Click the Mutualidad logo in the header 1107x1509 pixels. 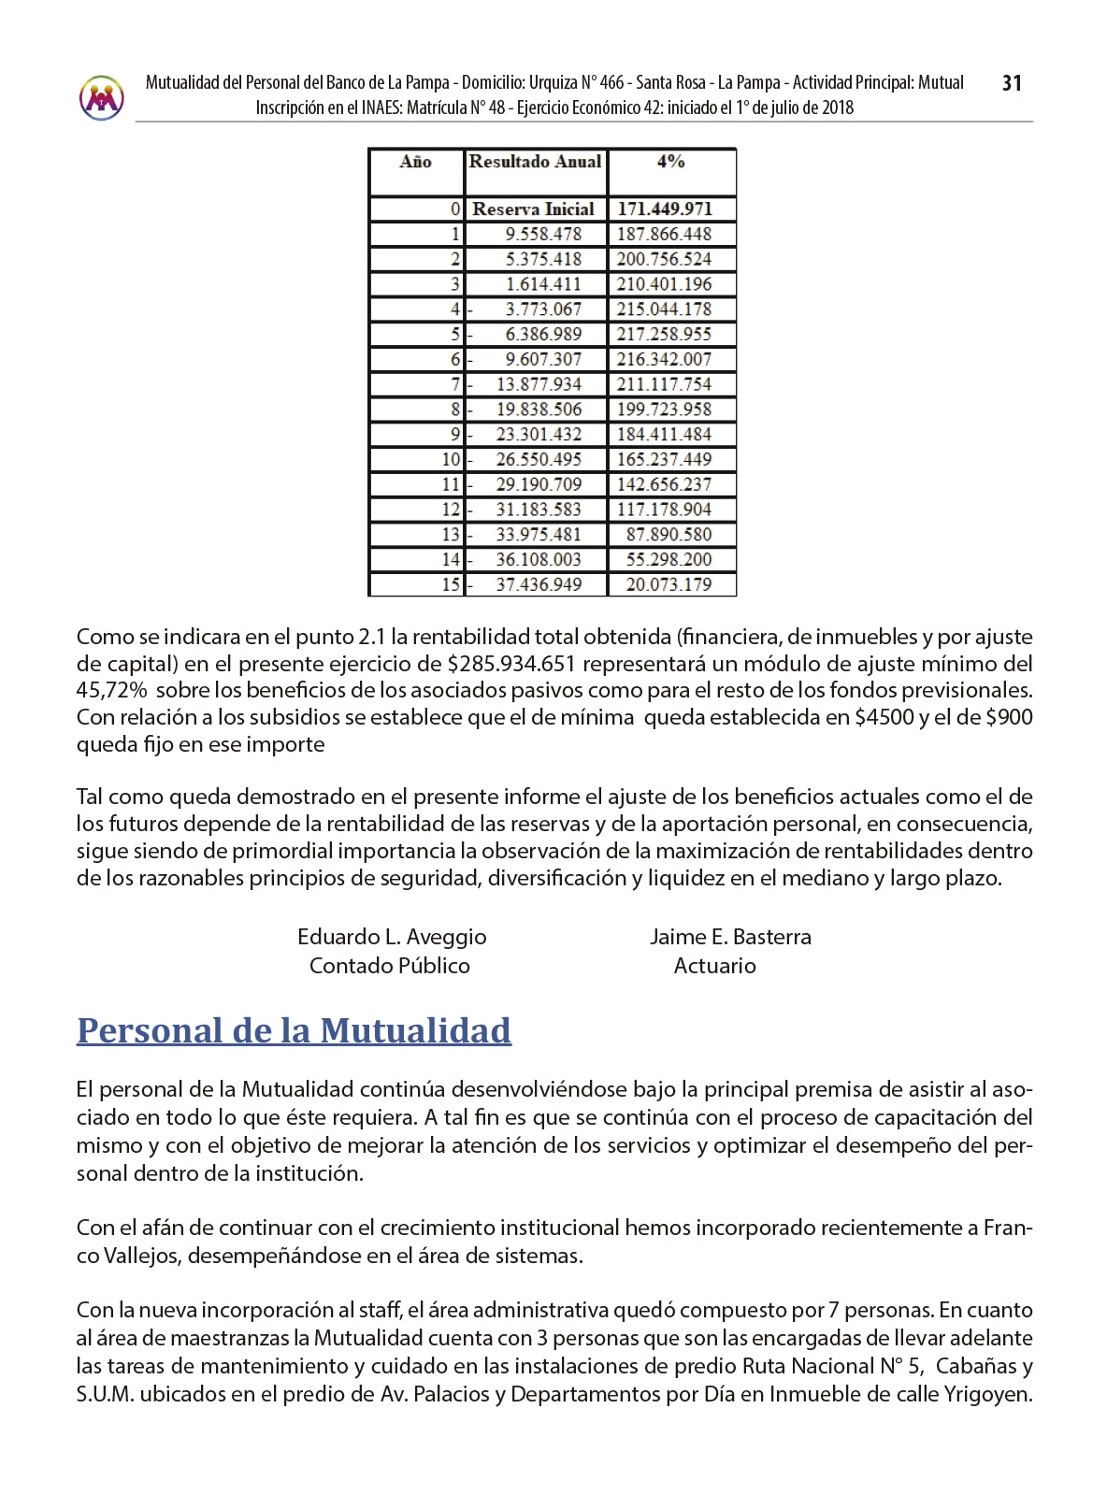102,96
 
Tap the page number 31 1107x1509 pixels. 1012,83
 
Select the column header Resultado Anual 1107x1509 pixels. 535,162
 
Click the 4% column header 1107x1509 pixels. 670,162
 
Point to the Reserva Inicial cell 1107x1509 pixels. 533,209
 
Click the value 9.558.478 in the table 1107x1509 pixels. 542,235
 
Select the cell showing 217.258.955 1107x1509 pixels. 664,335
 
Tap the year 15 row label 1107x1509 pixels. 451,585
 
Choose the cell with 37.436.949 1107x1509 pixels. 539,585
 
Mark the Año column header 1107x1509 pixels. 415,162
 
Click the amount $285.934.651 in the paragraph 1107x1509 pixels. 510,664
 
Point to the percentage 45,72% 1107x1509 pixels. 111,691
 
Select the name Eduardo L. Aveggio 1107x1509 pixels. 392,937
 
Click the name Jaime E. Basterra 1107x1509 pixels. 730,937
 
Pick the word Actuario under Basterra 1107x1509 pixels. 714,966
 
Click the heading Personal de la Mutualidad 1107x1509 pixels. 294,1030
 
